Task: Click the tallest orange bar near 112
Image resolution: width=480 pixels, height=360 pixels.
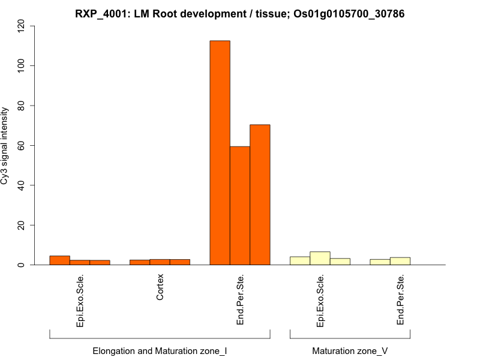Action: coord(220,153)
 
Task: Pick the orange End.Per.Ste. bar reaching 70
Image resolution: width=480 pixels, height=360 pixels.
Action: coord(260,195)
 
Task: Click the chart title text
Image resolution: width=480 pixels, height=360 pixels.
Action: coord(239,13)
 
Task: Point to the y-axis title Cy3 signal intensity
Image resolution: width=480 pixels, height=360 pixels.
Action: coord(5,146)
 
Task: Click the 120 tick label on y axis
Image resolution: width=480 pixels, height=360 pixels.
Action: coord(22,26)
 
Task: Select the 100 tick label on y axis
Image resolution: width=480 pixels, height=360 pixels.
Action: coord(22,65)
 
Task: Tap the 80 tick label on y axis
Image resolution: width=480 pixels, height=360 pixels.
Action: coord(22,106)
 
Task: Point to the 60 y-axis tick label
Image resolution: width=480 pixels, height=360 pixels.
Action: coord(22,145)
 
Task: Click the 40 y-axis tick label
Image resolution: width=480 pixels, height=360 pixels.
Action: coord(22,185)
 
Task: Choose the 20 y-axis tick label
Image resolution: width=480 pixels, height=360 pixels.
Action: coord(22,225)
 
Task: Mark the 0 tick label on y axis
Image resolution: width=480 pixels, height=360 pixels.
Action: coord(22,265)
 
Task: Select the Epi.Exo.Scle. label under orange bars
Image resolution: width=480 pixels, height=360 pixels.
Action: coord(80,301)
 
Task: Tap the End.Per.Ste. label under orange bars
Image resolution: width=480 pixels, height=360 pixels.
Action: coord(240,300)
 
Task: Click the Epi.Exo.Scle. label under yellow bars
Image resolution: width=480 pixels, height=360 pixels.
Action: coord(320,301)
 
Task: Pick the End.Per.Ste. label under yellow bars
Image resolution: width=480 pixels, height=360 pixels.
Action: coord(400,300)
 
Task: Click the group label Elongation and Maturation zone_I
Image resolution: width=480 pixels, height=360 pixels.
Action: coord(160,350)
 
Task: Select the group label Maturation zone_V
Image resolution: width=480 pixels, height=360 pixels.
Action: coord(350,350)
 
